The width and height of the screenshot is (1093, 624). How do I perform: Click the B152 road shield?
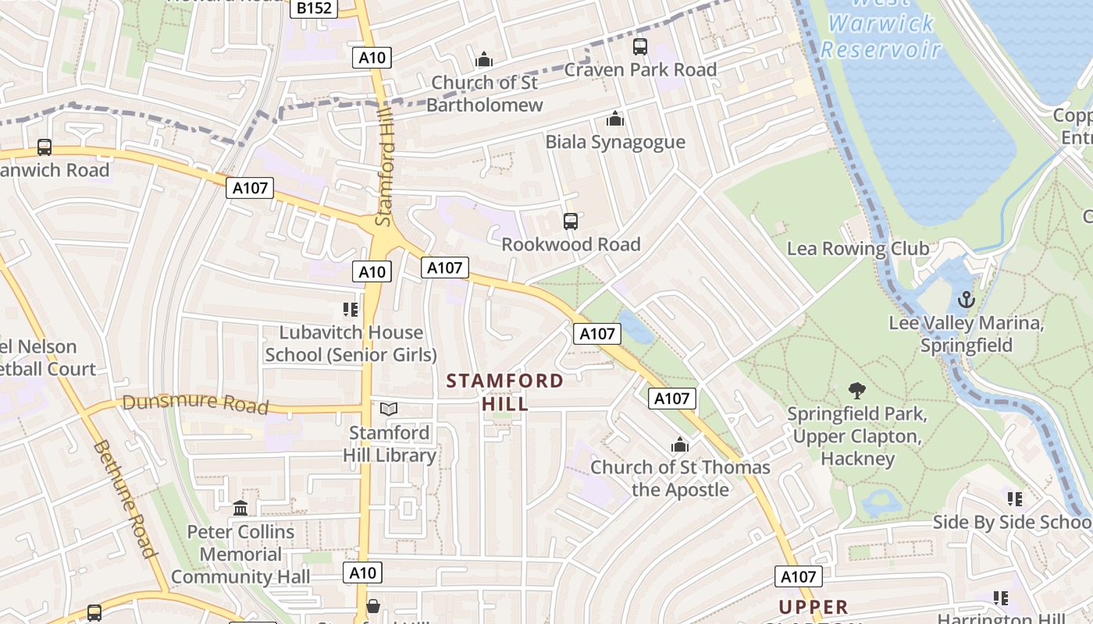pos(314,9)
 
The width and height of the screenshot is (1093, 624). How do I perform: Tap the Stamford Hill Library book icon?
pos(389,409)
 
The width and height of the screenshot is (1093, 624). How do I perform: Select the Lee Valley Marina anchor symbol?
pos(967,299)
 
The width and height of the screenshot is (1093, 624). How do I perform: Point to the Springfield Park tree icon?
pos(856,390)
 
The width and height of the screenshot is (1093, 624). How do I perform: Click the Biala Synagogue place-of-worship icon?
pos(615,119)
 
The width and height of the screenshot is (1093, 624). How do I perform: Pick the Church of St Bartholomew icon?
pos(484,59)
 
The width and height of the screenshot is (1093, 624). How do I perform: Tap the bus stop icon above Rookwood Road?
pos(571,222)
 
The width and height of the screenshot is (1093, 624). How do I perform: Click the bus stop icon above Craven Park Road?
pos(640,47)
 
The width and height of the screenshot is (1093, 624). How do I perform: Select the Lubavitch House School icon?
pos(351,310)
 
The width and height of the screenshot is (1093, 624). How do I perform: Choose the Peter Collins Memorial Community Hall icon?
pos(240,509)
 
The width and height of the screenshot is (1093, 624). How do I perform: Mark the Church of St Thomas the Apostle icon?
pos(680,445)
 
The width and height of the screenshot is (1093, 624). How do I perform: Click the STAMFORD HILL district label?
pos(505,392)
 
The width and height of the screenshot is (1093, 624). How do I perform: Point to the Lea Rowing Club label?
pos(858,249)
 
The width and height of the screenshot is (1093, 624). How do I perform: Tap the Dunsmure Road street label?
pos(195,404)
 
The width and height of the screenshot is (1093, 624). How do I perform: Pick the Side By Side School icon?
pos(1014,498)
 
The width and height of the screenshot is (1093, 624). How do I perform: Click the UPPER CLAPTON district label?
pos(814,608)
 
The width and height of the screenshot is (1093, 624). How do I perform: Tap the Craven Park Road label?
pos(640,69)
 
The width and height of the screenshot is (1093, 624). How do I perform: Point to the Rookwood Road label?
pos(571,244)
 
